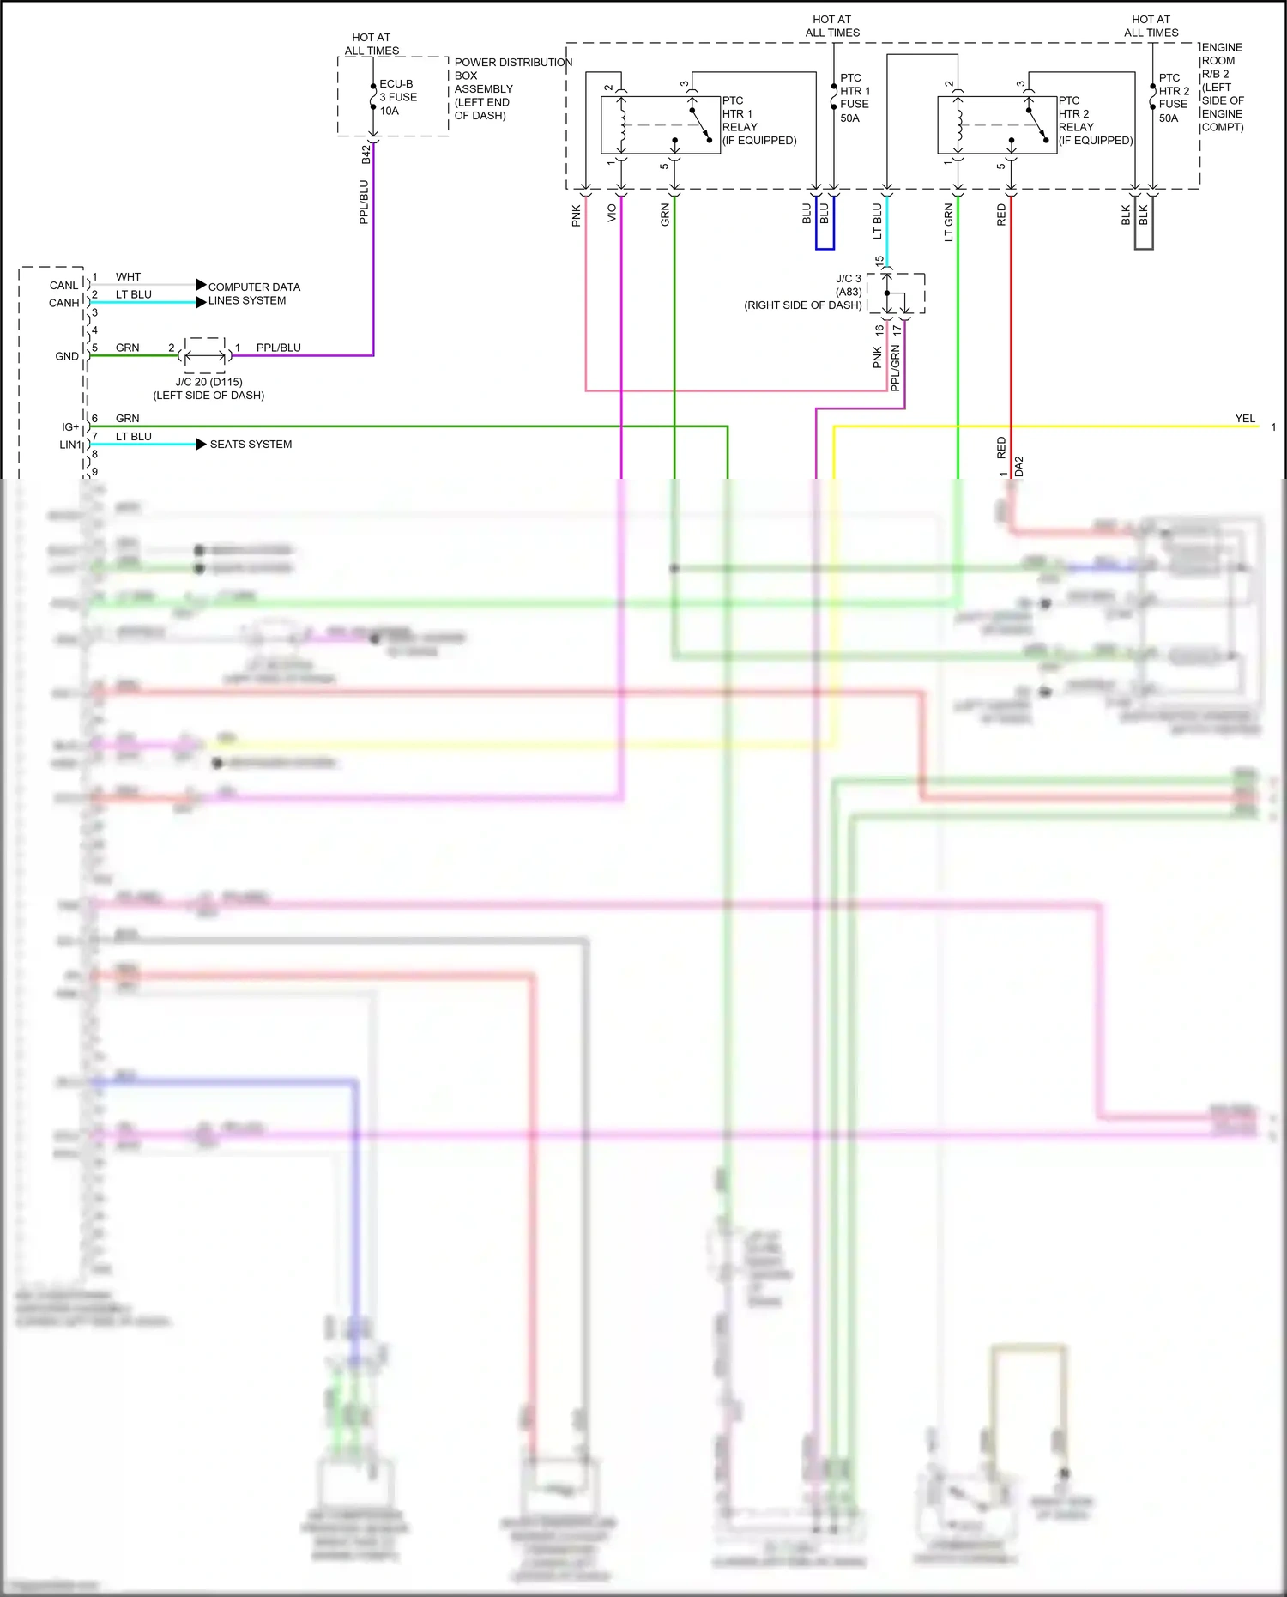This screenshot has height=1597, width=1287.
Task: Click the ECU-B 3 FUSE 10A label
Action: coord(398,97)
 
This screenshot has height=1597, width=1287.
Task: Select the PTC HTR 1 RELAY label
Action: coord(758,120)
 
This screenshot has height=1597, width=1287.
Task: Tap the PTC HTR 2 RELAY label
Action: coord(1094,120)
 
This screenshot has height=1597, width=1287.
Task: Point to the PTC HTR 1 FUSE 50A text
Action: coord(854,98)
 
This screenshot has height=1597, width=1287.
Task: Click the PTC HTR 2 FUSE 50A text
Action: coord(1173,98)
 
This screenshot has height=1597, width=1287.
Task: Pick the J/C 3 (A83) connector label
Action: coord(848,285)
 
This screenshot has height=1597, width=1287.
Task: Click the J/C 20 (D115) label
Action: coord(208,382)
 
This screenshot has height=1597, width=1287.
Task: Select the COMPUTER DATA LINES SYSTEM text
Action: coord(254,293)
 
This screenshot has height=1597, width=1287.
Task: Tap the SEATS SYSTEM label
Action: coord(251,444)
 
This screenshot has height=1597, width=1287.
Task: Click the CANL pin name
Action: coord(63,285)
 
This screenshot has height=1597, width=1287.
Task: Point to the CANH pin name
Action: coord(63,303)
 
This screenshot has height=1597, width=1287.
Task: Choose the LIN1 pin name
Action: coord(69,445)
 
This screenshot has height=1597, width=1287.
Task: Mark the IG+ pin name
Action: coord(69,426)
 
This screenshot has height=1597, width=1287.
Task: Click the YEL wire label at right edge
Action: coord(1244,419)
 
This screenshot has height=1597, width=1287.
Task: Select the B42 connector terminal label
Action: coord(366,154)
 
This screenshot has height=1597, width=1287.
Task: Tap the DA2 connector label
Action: coord(1019,466)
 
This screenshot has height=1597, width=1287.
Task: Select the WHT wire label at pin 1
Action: coord(128,276)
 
